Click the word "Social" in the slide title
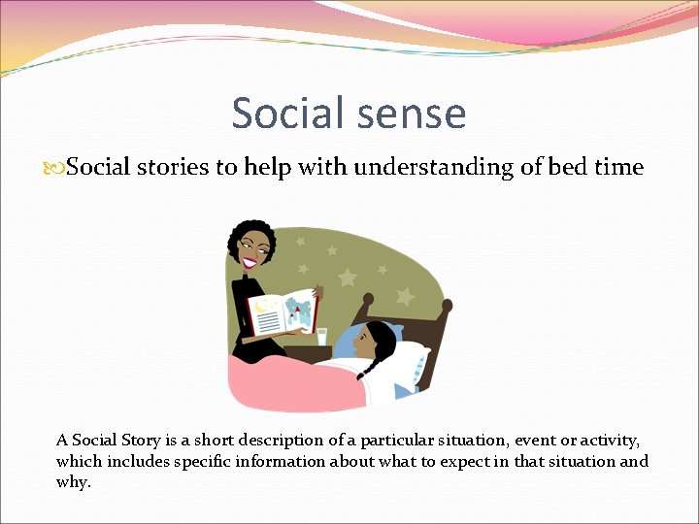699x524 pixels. pos(282,114)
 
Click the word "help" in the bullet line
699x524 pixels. pos(268,167)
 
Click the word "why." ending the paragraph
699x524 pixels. pos(74,482)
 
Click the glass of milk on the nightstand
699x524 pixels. pos(323,336)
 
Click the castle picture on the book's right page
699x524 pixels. pos(303,311)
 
